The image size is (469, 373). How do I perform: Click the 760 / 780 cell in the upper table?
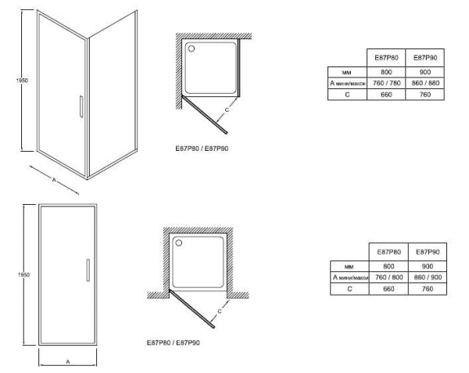click(x=386, y=83)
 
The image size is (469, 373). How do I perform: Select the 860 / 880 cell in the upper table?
click(x=425, y=83)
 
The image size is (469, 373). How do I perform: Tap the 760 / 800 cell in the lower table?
click(x=388, y=278)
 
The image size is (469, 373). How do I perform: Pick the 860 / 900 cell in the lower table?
click(x=428, y=278)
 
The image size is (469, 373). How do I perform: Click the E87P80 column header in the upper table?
click(x=386, y=58)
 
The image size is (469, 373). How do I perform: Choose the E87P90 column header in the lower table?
click(x=428, y=252)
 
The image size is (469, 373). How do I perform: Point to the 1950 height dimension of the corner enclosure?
click(x=22, y=81)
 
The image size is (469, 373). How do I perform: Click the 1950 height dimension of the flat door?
click(x=24, y=274)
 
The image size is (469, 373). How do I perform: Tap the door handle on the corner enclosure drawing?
click(x=81, y=106)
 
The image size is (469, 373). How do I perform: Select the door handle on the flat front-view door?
click(x=88, y=270)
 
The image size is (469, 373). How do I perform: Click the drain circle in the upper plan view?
click(x=192, y=48)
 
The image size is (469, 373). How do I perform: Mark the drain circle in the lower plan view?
click(x=178, y=242)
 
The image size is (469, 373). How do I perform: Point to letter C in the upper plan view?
click(x=227, y=109)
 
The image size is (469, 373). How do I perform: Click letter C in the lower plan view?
click(x=220, y=311)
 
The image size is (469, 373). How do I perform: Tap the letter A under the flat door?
click(x=68, y=362)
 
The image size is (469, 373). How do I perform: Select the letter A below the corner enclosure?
click(x=54, y=180)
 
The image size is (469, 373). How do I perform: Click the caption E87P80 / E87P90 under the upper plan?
click(x=202, y=149)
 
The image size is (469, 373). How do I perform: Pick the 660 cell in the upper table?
click(x=386, y=95)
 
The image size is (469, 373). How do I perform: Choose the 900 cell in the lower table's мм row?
click(x=428, y=266)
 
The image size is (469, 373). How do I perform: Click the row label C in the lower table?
click(x=349, y=289)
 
